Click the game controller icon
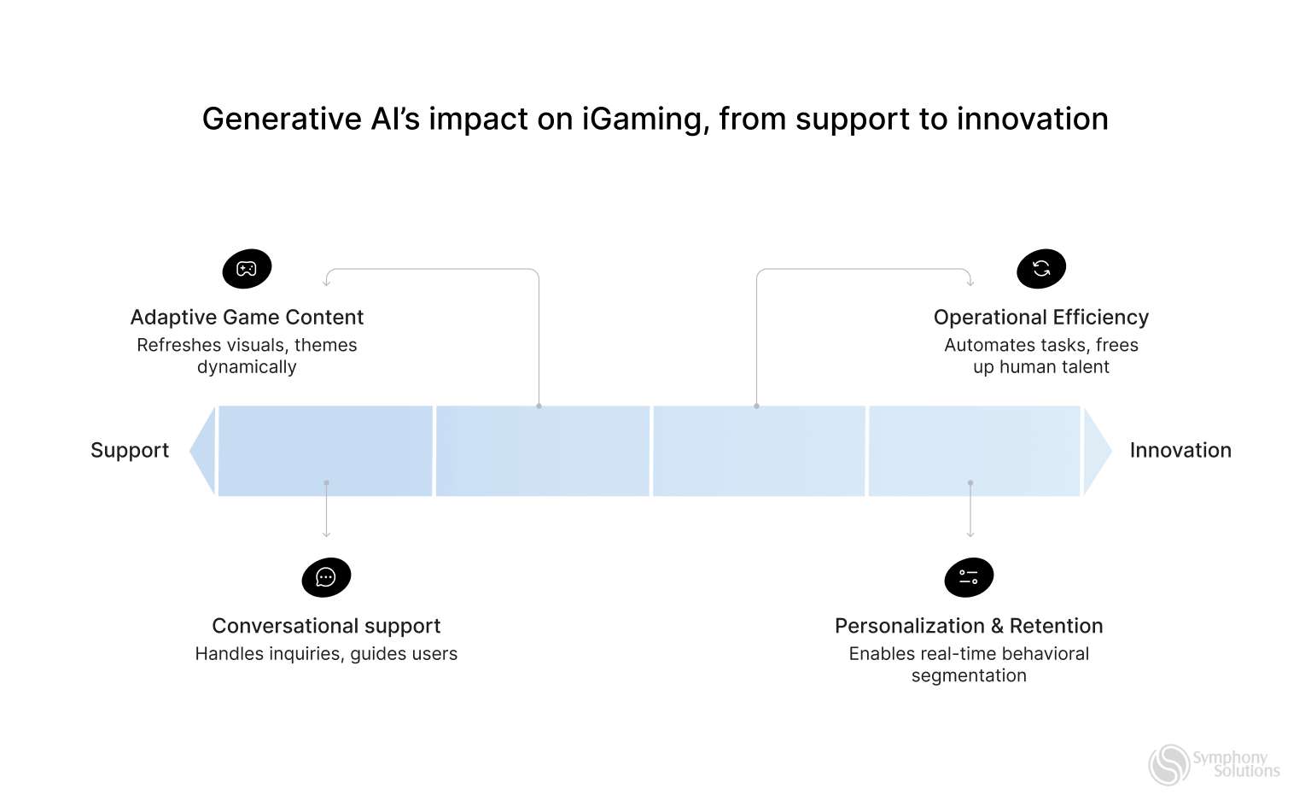[247, 269]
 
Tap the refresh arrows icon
[1041, 269]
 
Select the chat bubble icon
[326, 577]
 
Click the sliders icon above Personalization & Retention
[969, 577]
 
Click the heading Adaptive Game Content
[247, 318]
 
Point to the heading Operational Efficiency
[1041, 318]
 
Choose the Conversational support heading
[326, 626]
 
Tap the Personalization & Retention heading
[969, 626]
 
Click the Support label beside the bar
[130, 451]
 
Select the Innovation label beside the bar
[1180, 451]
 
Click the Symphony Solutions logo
[1214, 764]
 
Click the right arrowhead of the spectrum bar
[1096, 451]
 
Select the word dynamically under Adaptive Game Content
[247, 367]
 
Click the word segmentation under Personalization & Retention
[969, 675]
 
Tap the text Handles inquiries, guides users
[326, 654]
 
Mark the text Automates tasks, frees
[1041, 345]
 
